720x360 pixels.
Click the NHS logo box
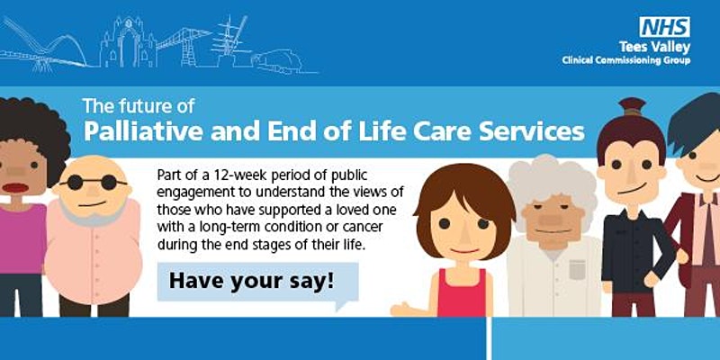click(x=664, y=27)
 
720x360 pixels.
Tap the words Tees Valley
click(x=654, y=48)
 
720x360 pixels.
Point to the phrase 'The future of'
click(x=139, y=106)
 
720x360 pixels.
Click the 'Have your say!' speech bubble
click(x=257, y=283)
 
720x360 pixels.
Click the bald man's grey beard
click(x=92, y=212)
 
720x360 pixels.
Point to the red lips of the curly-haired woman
click(x=15, y=187)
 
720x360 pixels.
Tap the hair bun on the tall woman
click(x=632, y=106)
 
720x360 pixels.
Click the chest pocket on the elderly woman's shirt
click(x=577, y=269)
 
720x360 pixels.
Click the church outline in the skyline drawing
click(x=128, y=42)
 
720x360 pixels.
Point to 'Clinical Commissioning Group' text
click(x=625, y=60)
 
